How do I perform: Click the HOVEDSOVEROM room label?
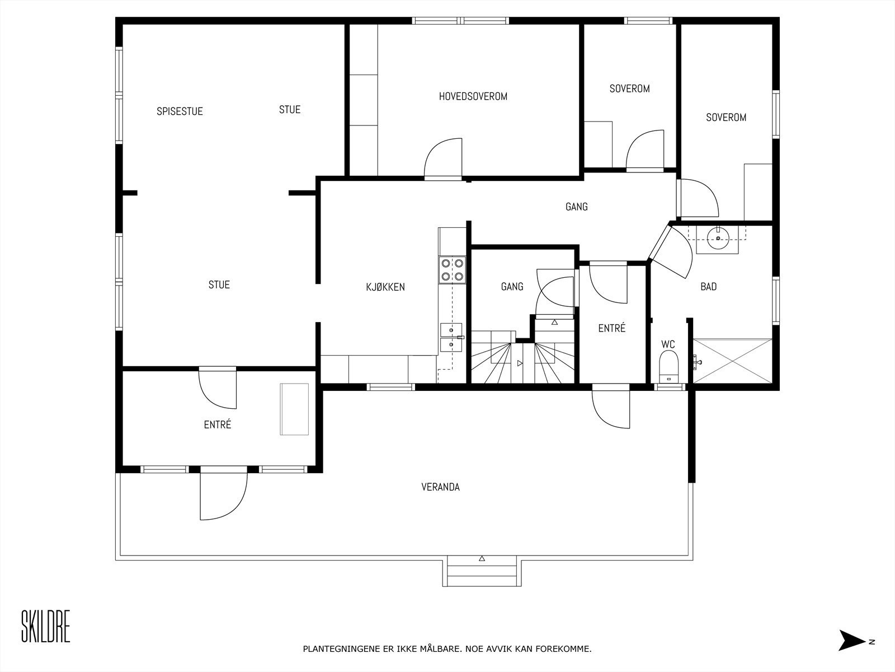point(473,96)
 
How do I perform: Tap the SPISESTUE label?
point(180,111)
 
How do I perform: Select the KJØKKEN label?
point(385,287)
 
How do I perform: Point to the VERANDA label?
point(440,487)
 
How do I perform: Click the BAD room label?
point(708,287)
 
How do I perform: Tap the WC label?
point(668,344)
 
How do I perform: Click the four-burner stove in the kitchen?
point(452,269)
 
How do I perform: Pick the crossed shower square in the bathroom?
point(732,361)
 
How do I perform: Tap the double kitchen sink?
point(450,337)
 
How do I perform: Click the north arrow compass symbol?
point(852,641)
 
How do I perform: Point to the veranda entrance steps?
point(482,571)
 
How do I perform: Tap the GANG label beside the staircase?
point(512,287)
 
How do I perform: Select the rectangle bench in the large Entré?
point(295,409)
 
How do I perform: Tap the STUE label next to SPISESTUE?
point(290,110)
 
